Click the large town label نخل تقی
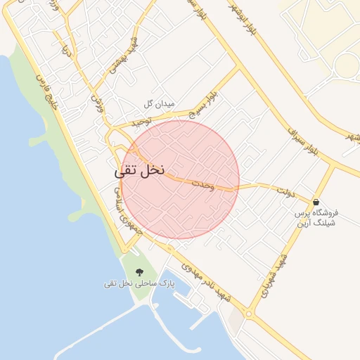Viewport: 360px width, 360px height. tap(139, 170)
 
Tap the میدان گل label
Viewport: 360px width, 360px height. tap(158, 103)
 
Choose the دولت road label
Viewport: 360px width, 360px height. tap(285, 190)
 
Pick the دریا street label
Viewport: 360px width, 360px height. tap(67, 51)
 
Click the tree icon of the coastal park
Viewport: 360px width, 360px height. tap(138, 271)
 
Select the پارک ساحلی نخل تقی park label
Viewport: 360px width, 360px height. tap(139, 283)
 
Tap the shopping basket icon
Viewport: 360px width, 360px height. tap(315, 202)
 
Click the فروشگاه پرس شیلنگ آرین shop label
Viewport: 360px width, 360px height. tap(315, 217)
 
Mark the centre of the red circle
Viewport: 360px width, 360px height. tap(180, 179)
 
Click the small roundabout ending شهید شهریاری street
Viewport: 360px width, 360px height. tap(249, 314)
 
